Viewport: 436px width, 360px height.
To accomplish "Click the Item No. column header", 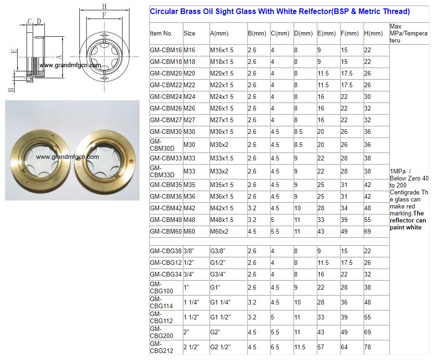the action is (161, 34).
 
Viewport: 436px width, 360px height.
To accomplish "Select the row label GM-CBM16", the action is (166, 50).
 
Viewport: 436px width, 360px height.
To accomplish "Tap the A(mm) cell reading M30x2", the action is (219, 145).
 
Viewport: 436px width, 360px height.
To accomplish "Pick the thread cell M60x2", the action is (219, 231).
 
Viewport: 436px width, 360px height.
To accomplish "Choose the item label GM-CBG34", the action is (166, 274).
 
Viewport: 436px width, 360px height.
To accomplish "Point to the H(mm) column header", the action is (373, 34).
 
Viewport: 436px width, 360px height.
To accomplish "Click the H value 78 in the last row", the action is (367, 347).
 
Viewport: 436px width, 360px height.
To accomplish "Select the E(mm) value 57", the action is (321, 347).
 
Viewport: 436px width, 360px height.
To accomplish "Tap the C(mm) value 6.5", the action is (275, 347).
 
